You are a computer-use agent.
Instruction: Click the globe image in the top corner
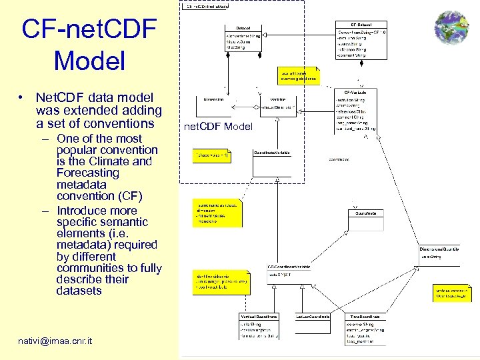tap(451, 28)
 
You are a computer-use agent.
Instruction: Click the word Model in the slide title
tap(89, 61)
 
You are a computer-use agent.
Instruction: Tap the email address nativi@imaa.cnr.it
tap(55, 342)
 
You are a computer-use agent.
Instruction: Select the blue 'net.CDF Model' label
tap(218, 127)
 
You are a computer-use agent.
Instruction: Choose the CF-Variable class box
tap(360, 110)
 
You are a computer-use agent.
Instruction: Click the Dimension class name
tap(213, 99)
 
